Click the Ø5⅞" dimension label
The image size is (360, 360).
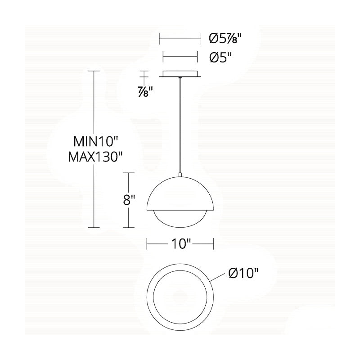[x=225, y=38]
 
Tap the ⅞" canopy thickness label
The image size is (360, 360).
[x=145, y=92]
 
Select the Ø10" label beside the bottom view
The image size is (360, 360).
[x=243, y=273]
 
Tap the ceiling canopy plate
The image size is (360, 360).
[x=180, y=74]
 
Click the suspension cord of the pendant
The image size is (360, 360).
[x=180, y=125]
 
